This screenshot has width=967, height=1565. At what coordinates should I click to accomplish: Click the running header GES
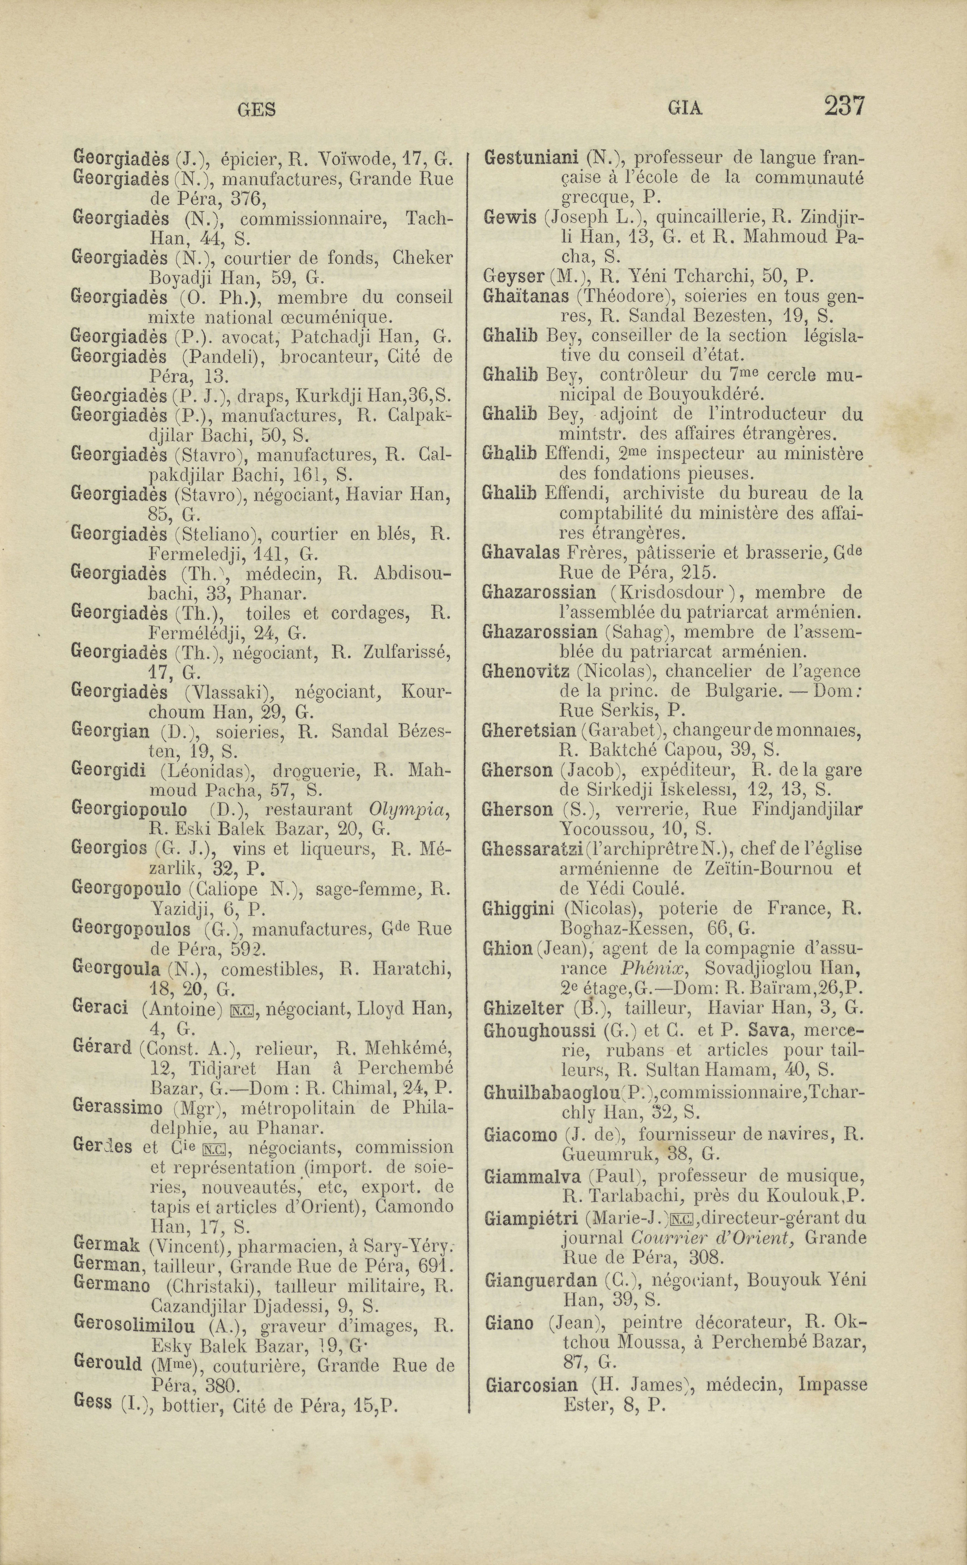point(256,110)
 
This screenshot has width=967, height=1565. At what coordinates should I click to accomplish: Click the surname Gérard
point(102,1049)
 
